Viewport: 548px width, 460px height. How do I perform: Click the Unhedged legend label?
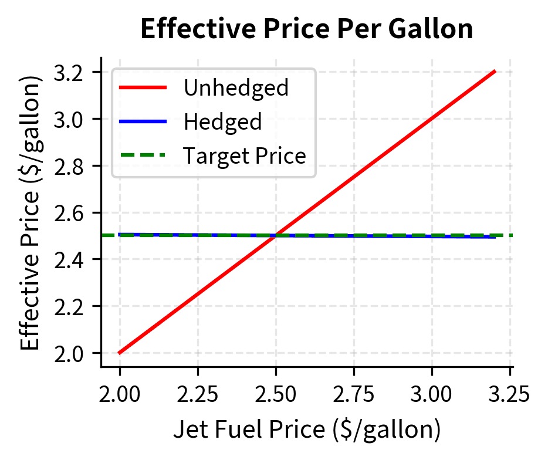[x=236, y=88]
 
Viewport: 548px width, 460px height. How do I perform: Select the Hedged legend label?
[x=222, y=122]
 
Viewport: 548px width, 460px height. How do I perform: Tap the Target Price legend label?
[x=244, y=156]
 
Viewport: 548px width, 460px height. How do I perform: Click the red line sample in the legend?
[x=143, y=88]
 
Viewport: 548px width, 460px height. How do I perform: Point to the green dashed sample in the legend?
[x=143, y=156]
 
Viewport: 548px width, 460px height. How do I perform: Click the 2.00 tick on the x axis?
[x=120, y=392]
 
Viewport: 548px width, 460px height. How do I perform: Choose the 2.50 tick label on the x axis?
[x=276, y=392]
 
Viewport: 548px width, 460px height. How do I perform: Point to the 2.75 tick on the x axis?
[x=354, y=392]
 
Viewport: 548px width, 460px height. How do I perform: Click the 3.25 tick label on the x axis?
[x=509, y=392]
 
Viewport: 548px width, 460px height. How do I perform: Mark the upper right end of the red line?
[x=495, y=72]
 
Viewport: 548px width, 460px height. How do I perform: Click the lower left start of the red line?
[x=120, y=353]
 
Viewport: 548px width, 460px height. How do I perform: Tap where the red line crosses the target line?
[x=276, y=235]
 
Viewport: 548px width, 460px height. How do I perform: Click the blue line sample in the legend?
[x=143, y=122]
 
